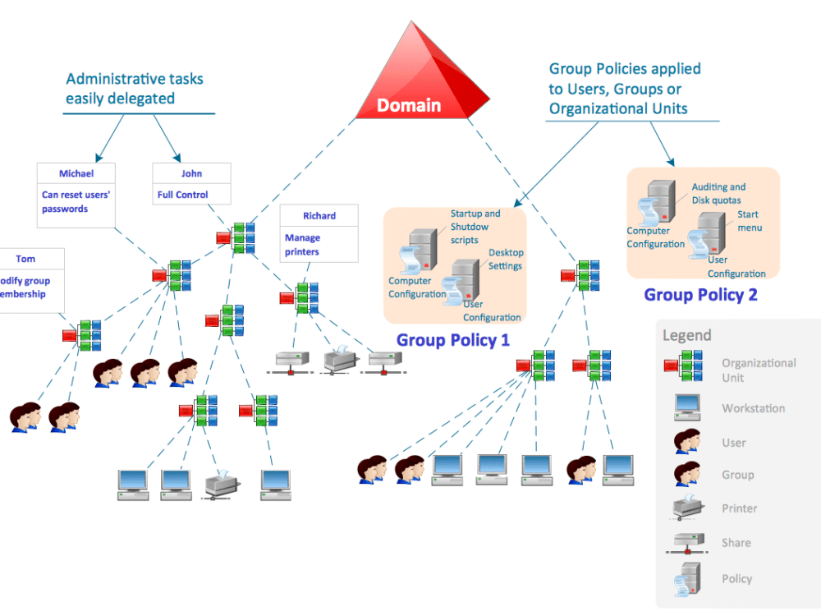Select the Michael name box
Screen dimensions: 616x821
76,174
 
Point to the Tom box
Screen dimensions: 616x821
30,278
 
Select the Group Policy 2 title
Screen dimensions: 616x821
700,295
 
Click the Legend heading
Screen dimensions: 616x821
687,335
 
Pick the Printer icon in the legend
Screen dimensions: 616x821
686,508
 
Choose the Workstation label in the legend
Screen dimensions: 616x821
753,408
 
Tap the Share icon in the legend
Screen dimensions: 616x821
686,543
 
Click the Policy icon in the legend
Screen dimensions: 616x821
686,579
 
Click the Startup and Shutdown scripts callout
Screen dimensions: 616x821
475,227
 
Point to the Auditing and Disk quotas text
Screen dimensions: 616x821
718,194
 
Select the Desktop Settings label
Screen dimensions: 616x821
506,259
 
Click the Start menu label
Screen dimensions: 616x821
748,221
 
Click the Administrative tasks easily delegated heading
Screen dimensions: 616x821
135,89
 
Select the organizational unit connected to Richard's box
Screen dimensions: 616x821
302,297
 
